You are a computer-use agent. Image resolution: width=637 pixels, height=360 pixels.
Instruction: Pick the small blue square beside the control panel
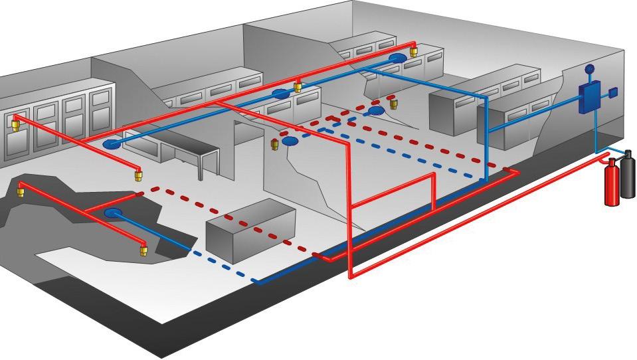[x=613, y=93]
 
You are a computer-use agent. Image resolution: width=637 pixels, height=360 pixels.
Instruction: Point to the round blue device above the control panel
[x=588, y=68]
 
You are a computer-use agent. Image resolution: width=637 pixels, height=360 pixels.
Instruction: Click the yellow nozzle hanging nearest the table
[x=139, y=175]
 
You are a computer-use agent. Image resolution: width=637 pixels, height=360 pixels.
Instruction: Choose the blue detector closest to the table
[x=112, y=144]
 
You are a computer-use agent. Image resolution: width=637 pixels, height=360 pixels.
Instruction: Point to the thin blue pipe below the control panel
[x=596, y=133]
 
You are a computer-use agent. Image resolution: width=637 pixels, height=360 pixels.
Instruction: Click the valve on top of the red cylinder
[x=611, y=162]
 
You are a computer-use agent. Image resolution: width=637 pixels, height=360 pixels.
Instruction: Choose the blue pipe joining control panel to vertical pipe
[x=531, y=120]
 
